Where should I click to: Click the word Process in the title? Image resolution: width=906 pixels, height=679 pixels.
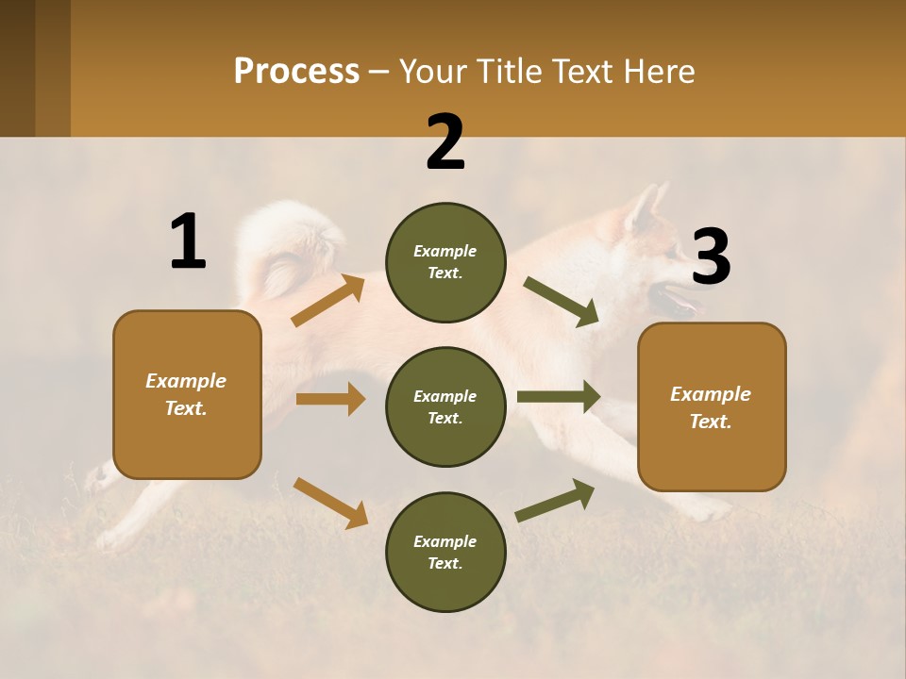296,71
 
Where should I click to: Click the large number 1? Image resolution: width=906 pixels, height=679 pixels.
188,242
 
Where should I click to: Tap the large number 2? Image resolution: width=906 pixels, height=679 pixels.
445,143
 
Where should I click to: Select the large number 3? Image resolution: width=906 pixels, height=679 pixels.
711,257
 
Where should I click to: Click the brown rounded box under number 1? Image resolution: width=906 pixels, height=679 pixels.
187,394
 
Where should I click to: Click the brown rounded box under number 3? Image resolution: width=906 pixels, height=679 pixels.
712,407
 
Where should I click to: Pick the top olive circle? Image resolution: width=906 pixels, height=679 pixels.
445,262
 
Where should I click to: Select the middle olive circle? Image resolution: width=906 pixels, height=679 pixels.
445,406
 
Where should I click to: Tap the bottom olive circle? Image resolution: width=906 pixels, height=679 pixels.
445,552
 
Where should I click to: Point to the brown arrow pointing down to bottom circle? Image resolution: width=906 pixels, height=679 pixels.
330,503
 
